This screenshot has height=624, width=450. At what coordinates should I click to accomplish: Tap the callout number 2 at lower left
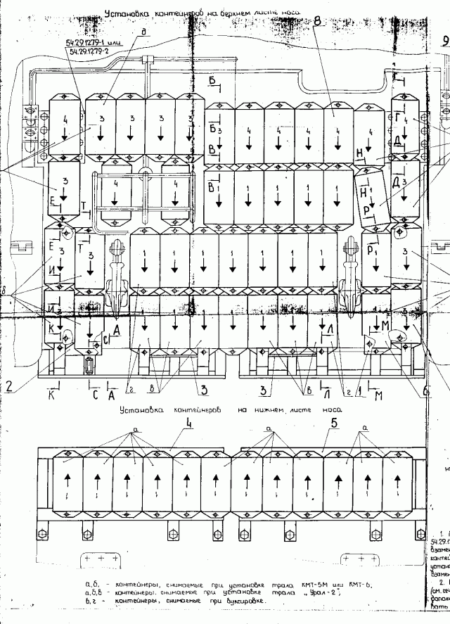click(x=10, y=385)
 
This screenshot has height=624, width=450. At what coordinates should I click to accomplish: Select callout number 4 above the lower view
click(x=190, y=424)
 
